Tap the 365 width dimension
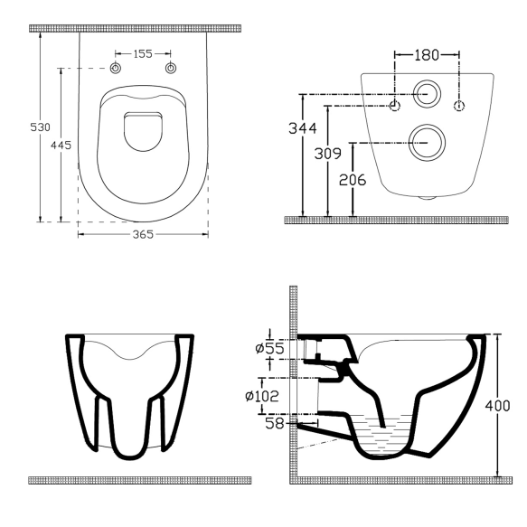coord(143,234)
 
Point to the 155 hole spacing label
coord(142,54)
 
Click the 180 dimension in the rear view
coord(427,55)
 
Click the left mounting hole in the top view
coord(116,70)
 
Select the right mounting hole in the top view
coord(169,70)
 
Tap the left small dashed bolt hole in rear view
coord(395,107)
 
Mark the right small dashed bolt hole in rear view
coord(458,107)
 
